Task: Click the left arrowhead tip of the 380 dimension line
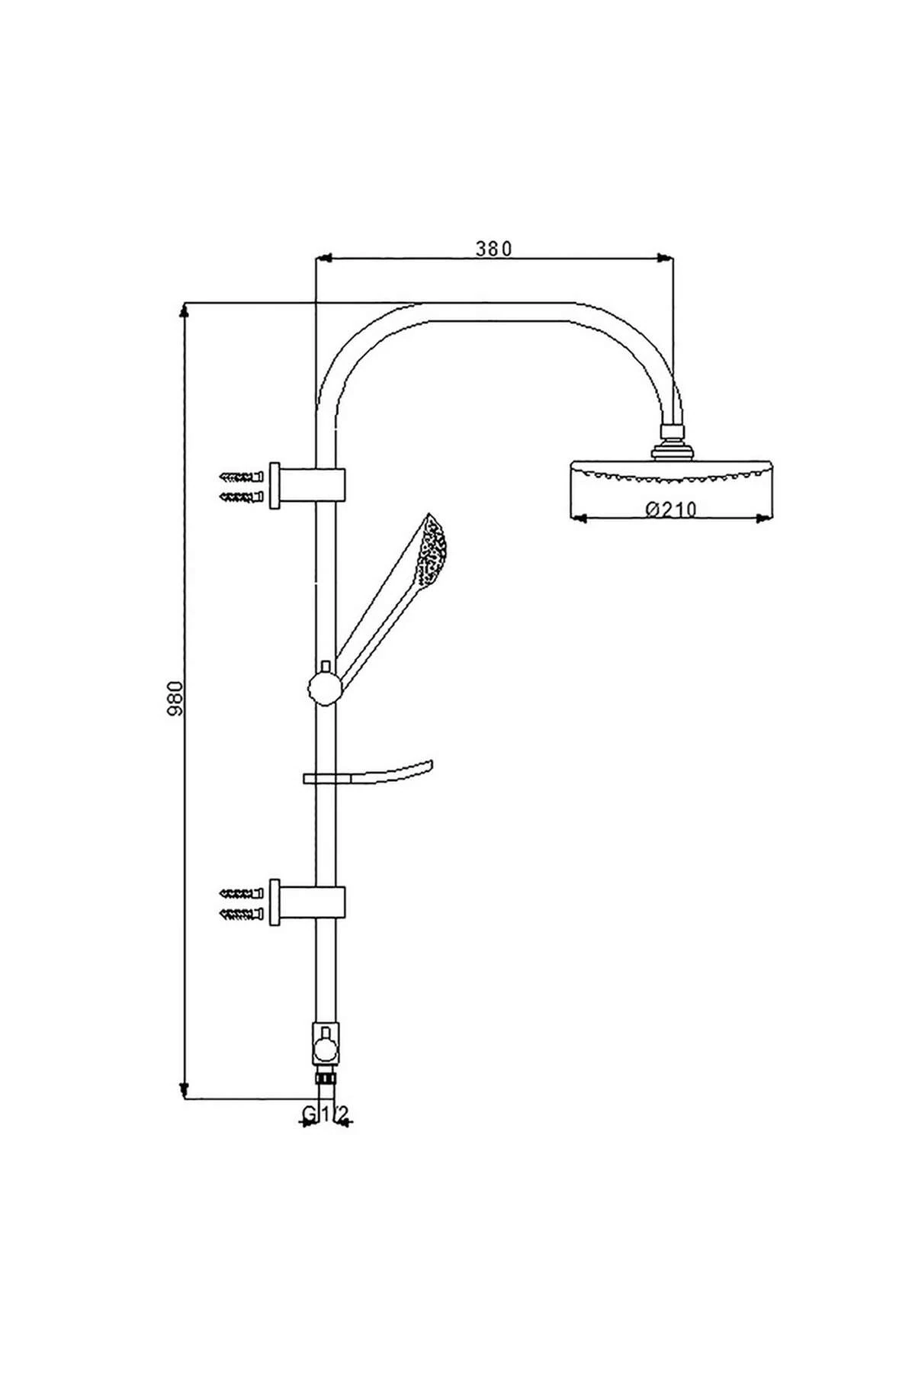[315, 258]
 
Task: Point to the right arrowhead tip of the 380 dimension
[673, 258]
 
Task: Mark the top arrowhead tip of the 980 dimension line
[184, 304]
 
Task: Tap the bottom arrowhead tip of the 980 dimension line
[184, 1098]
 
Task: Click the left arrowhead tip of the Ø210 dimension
[571, 517]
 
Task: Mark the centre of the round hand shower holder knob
[325, 686]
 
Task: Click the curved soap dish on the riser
[368, 773]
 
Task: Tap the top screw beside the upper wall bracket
[242, 477]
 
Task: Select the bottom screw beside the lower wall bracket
[242, 913]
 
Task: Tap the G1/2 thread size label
[326, 1115]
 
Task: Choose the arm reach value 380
[493, 248]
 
